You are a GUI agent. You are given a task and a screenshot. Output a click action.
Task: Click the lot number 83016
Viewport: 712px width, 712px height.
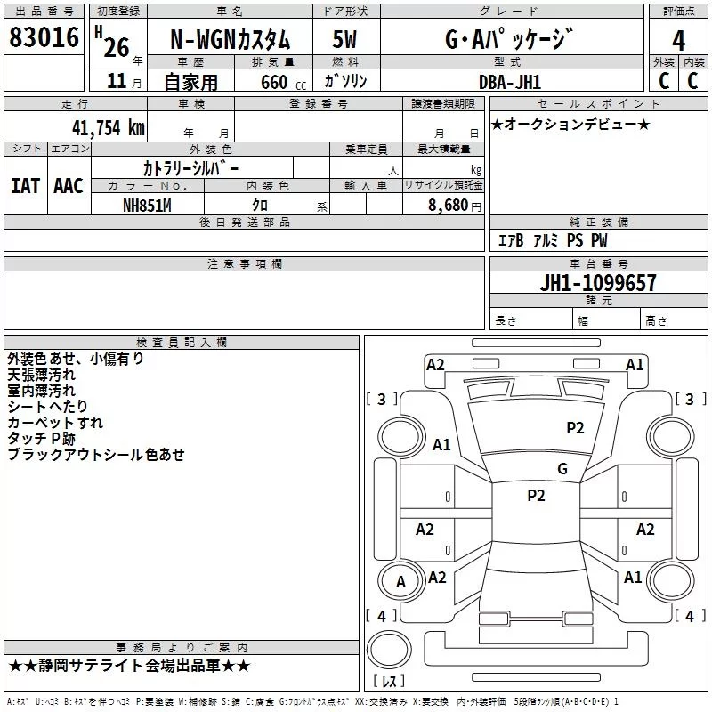(x=44, y=37)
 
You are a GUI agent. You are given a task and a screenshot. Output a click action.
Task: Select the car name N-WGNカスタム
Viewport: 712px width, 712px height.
(x=230, y=40)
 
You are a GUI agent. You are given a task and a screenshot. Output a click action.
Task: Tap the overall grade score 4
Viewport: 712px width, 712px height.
(x=678, y=41)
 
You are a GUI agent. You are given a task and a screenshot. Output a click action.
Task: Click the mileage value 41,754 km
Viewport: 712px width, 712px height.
(x=108, y=127)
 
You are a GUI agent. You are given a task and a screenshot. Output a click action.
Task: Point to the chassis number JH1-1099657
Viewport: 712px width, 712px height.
(x=598, y=283)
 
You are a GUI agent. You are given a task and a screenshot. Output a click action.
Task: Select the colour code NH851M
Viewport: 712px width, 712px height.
(x=147, y=206)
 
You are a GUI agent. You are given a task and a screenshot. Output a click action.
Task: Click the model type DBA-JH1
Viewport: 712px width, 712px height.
(x=510, y=82)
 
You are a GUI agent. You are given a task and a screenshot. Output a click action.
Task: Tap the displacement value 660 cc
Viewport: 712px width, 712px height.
(x=283, y=82)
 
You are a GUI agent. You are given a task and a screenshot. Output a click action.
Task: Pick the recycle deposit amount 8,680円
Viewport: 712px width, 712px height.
(x=455, y=206)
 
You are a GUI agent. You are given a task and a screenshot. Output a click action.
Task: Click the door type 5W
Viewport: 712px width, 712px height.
(x=344, y=39)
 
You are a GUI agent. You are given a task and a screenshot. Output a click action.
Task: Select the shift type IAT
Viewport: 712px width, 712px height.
(x=26, y=186)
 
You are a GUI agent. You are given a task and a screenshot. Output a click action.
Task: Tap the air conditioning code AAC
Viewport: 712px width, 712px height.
(x=69, y=186)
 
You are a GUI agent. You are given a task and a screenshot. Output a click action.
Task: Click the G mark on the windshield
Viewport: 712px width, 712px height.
(x=562, y=469)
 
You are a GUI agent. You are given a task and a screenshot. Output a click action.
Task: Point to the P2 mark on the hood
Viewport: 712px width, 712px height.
(x=575, y=428)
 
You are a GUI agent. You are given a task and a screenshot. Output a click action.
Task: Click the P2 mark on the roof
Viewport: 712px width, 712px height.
(x=536, y=496)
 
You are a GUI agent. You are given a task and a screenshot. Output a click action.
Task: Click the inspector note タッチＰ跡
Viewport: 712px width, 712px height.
(x=41, y=439)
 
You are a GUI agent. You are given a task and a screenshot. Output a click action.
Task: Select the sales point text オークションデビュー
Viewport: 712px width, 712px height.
(x=570, y=124)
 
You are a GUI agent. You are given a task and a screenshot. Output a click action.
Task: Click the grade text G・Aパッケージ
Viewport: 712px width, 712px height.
(x=509, y=39)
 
